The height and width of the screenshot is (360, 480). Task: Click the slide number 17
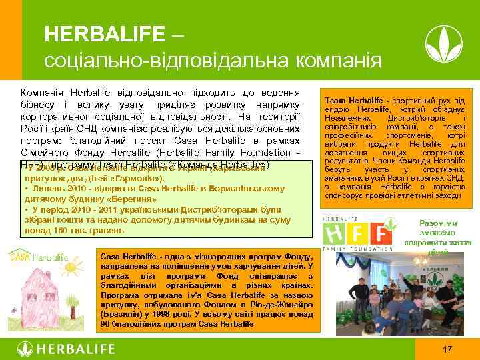447,349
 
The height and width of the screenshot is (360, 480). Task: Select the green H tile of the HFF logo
335,234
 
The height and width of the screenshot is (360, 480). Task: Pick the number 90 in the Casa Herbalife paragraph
103,323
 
